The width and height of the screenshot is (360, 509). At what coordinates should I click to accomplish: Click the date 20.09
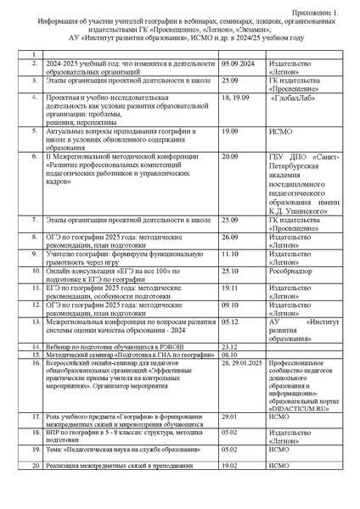click(x=229, y=157)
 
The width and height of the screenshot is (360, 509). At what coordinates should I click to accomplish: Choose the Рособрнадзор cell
click(x=290, y=271)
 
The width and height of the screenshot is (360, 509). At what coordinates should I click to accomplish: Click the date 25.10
click(x=229, y=271)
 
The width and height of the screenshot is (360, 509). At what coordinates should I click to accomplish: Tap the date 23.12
click(x=228, y=346)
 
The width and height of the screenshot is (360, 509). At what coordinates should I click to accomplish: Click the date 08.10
click(x=228, y=354)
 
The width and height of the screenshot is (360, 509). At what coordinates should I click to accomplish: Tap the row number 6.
click(x=34, y=157)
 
